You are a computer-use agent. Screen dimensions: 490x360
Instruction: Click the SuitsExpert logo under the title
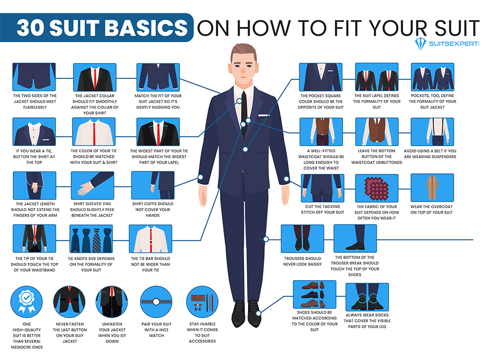click(x=447, y=44)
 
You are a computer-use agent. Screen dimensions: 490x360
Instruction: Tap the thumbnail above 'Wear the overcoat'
click(x=432, y=188)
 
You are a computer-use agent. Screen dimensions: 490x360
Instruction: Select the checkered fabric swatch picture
click(x=376, y=189)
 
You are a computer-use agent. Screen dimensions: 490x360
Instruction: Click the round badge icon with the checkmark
click(x=26, y=302)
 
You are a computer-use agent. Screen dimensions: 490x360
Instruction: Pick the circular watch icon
click(x=156, y=302)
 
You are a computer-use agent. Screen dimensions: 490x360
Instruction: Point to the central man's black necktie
click(x=244, y=113)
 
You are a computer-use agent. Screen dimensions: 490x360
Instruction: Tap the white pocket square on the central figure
click(x=264, y=115)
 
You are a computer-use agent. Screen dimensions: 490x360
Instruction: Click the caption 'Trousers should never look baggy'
click(x=302, y=261)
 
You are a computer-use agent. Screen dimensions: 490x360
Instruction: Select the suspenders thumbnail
click(x=432, y=132)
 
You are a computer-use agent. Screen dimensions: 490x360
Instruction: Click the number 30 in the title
click(x=30, y=27)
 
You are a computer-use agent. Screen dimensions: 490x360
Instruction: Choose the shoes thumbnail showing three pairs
click(x=315, y=294)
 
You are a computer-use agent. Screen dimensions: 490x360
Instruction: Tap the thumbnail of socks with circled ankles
click(x=367, y=297)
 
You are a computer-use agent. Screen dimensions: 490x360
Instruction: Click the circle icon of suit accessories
click(x=202, y=302)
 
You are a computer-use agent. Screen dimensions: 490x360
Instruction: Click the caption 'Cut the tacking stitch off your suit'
click(x=322, y=209)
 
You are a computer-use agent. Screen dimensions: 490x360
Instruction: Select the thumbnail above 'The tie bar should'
click(x=150, y=239)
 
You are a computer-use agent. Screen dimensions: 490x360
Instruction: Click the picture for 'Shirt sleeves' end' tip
click(x=93, y=186)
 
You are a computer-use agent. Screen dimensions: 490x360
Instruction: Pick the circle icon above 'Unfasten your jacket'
click(x=112, y=302)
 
